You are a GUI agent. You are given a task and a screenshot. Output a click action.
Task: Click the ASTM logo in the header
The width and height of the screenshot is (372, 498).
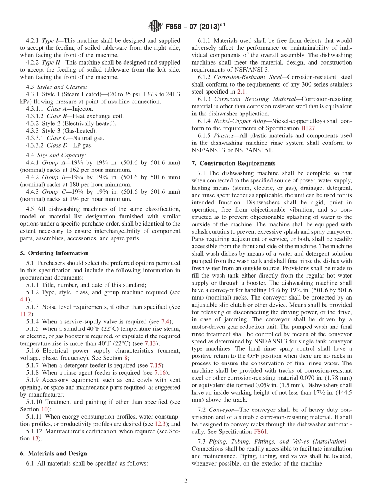[x=155, y=27]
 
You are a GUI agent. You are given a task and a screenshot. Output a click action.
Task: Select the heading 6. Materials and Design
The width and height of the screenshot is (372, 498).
[x=53, y=453]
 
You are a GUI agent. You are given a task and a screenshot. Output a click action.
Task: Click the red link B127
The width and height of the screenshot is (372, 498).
[x=307, y=128]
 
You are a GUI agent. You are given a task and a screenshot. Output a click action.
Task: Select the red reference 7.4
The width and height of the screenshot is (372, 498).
[x=166, y=321]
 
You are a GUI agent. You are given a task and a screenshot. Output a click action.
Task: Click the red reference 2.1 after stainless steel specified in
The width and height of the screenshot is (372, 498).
[x=241, y=92]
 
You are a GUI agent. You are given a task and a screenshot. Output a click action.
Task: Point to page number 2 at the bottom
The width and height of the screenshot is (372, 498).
[x=186, y=481]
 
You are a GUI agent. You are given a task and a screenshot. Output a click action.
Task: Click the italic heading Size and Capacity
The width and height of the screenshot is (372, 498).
[x=61, y=155]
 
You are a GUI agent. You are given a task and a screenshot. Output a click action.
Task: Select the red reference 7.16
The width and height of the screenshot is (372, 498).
[x=160, y=373]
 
